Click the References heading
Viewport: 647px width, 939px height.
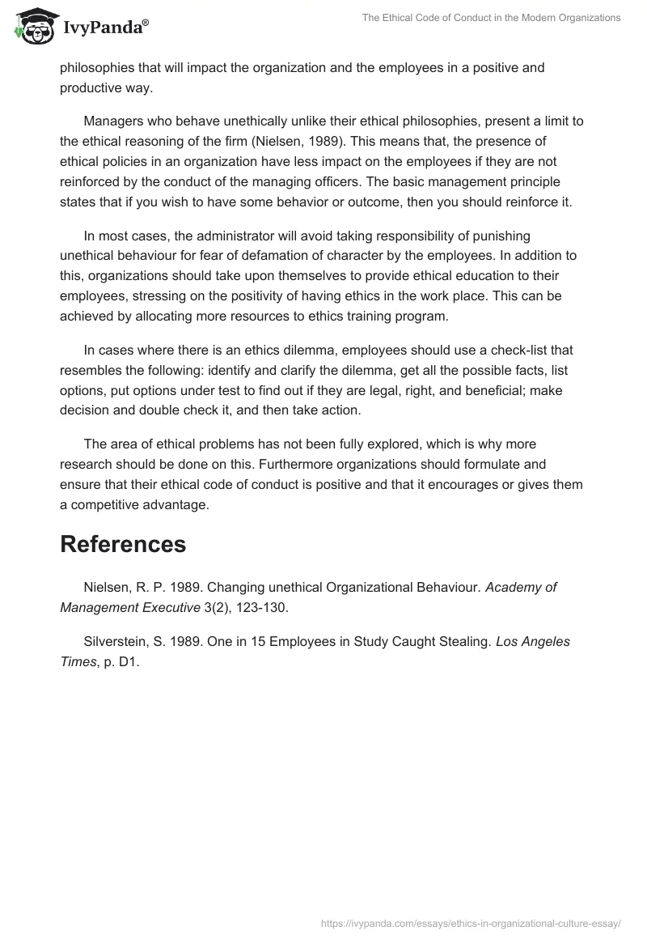coord(123,545)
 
